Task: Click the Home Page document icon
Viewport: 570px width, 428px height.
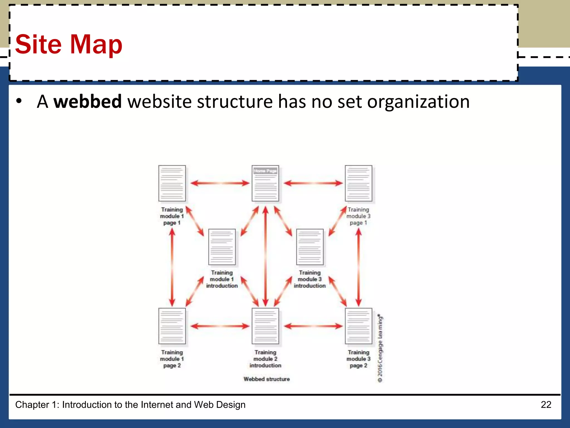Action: [x=265, y=183]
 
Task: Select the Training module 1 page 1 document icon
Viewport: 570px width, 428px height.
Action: [x=172, y=183]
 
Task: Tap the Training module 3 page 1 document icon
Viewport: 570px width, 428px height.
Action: [x=358, y=183]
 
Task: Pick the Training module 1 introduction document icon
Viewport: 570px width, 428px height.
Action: [x=222, y=247]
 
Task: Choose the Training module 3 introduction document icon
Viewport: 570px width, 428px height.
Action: [x=310, y=247]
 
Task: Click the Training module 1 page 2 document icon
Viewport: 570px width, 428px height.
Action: [x=172, y=326]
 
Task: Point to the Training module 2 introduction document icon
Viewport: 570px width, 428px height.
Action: [x=265, y=326]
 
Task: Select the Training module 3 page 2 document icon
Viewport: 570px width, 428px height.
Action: [x=358, y=326]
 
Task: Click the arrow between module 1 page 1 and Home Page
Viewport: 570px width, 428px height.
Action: [x=220, y=183]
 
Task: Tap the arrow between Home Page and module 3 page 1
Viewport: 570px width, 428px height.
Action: [x=313, y=183]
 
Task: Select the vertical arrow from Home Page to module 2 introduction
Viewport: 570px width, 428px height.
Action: [x=266, y=256]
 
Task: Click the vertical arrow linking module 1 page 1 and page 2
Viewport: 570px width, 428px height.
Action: [x=172, y=267]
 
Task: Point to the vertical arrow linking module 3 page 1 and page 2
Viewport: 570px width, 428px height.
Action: [x=358, y=267]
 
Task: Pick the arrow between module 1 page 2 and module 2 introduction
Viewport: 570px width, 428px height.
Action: [x=220, y=326]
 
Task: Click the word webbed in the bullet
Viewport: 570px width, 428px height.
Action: [x=88, y=101]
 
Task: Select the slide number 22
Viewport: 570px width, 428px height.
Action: [x=546, y=405]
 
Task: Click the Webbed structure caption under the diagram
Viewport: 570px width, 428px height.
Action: [x=267, y=379]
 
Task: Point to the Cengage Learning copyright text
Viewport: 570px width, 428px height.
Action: [x=380, y=348]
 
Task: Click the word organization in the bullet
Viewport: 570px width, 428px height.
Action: [x=418, y=102]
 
